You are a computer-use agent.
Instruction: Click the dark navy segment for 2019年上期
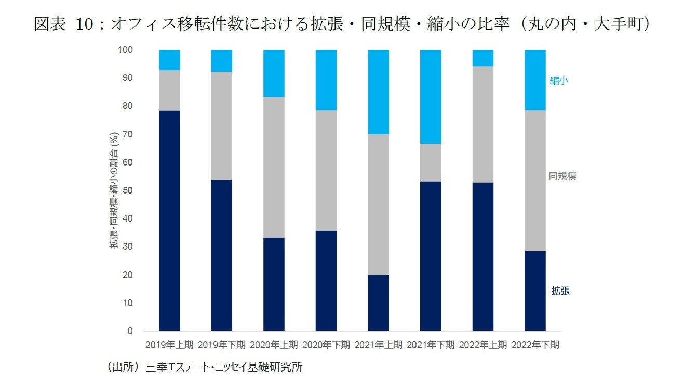[x=169, y=221]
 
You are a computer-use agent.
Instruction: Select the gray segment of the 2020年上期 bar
[x=274, y=167]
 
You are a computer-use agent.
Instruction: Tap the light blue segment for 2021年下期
[x=431, y=97]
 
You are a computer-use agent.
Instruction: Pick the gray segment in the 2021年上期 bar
[x=378, y=204]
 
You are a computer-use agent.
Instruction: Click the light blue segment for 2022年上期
[x=483, y=58]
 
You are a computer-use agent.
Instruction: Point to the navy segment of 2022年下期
[x=535, y=291]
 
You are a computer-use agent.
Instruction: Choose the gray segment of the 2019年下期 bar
[x=222, y=126]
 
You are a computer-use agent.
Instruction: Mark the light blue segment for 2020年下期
[x=326, y=80]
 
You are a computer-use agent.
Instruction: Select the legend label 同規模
[x=562, y=176]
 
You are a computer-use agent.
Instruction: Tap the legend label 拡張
[x=560, y=291]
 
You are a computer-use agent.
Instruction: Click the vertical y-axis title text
[x=114, y=190]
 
